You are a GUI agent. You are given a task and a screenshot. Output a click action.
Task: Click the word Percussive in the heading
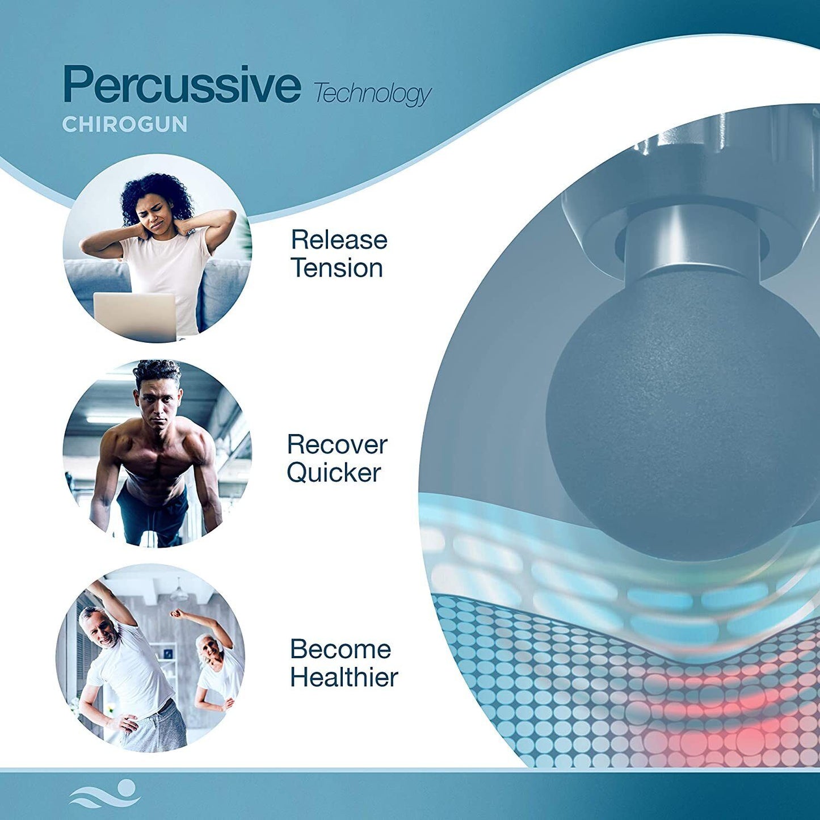(182, 85)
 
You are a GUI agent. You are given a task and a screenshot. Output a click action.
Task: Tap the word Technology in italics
(372, 94)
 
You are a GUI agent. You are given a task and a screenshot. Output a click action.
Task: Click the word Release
(339, 240)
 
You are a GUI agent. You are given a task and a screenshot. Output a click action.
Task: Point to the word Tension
(337, 268)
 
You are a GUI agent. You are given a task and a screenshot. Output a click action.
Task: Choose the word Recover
(337, 444)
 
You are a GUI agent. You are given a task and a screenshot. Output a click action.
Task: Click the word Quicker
(334, 473)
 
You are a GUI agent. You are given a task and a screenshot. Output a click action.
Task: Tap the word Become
(340, 649)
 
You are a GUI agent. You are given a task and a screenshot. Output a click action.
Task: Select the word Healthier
(344, 678)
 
